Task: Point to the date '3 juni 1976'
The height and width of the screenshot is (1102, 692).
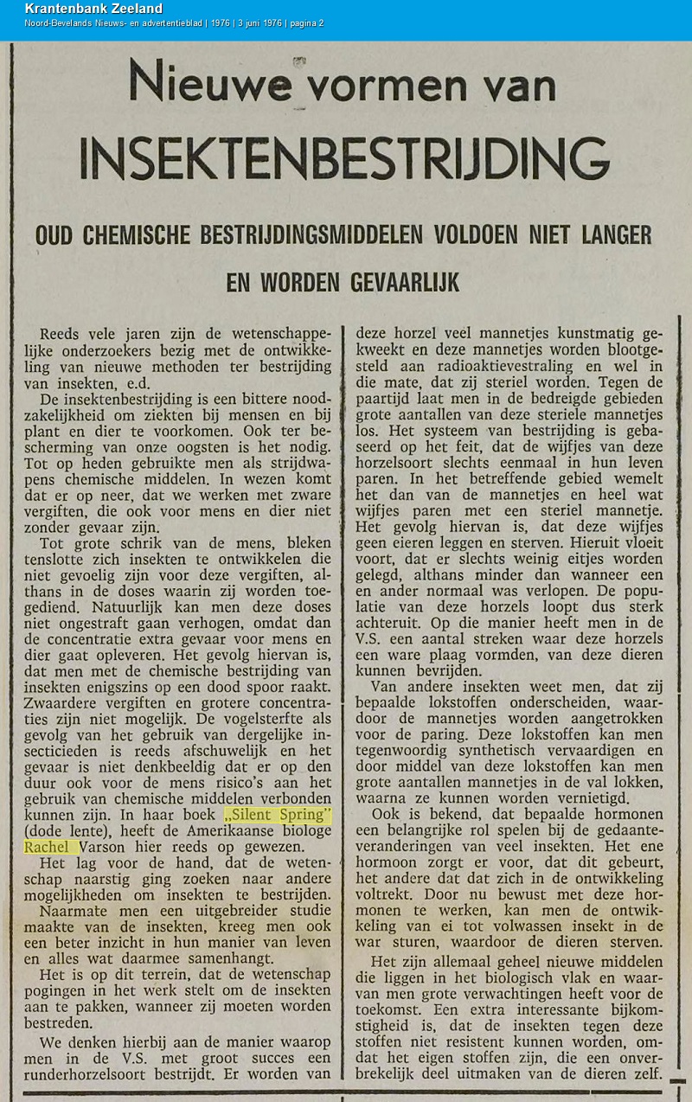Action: click(251, 23)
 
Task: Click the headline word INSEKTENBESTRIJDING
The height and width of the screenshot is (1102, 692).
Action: click(344, 158)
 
